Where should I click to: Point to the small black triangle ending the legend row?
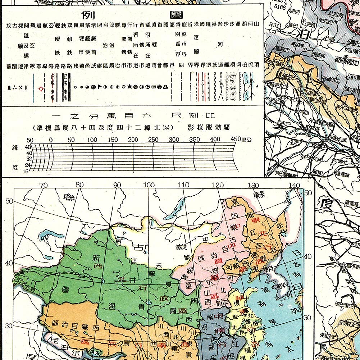(x=258, y=87)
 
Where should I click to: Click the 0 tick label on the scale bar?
(x=51, y=140)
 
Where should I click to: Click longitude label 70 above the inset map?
(x=43, y=185)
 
